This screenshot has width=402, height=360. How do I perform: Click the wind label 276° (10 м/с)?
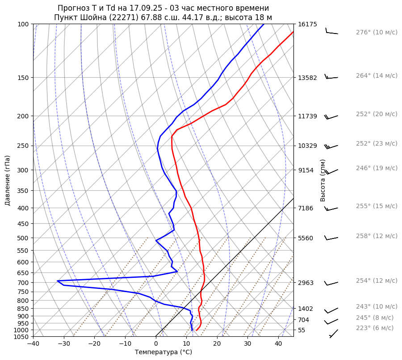coord(377,32)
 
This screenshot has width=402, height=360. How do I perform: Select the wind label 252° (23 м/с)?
coord(377,143)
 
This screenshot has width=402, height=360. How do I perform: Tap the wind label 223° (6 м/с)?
coord(375,328)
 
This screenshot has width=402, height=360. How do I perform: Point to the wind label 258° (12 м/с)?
coord(377,236)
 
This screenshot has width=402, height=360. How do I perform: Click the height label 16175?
coord(307,24)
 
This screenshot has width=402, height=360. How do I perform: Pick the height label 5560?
coord(306,238)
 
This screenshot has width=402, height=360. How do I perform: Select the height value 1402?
coord(306,309)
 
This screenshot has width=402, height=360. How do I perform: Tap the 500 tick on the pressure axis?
coord(24,238)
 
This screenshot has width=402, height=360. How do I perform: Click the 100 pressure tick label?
coord(24,24)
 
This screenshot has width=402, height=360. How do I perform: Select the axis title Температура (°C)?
coord(163,352)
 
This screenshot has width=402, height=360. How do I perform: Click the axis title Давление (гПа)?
coord(8,180)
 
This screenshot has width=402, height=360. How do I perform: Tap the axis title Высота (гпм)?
coord(323,180)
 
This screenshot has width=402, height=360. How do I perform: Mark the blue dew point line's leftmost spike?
coord(58,281)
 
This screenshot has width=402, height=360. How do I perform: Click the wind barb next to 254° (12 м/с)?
coord(331,283)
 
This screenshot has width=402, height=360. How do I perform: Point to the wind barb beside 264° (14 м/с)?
coord(331,77)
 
